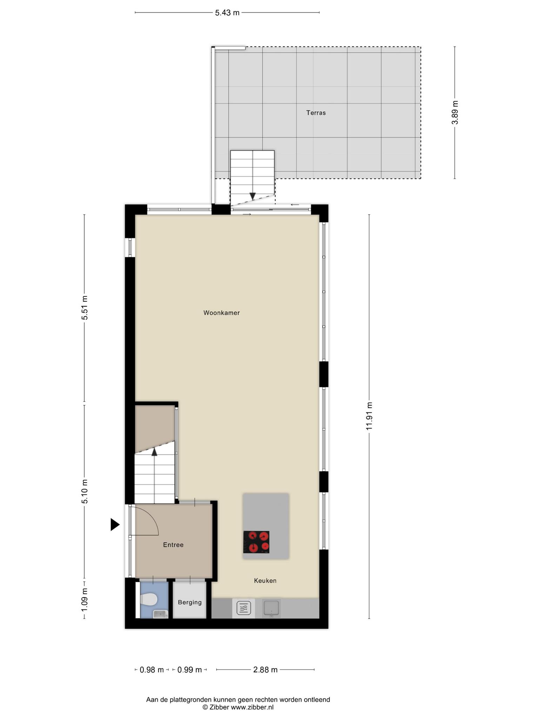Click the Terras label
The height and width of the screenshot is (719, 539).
click(x=316, y=113)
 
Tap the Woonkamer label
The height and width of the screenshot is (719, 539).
click(x=221, y=313)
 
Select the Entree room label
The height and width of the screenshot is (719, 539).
click(x=173, y=545)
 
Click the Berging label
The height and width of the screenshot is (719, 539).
click(x=190, y=602)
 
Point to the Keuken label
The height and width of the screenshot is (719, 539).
click(x=265, y=581)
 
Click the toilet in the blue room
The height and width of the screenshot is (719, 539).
click(x=149, y=599)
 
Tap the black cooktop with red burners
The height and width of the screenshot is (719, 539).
click(x=256, y=542)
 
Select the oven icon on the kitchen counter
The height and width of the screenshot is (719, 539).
click(x=244, y=608)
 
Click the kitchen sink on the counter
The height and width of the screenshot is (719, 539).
click(x=271, y=608)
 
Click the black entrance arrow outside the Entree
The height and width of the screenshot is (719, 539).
click(x=115, y=525)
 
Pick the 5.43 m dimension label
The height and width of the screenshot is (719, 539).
click(x=227, y=13)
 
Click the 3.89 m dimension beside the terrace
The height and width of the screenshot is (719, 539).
click(x=455, y=112)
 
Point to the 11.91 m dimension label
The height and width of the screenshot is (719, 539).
click(x=369, y=416)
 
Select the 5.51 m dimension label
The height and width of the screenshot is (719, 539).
click(x=85, y=308)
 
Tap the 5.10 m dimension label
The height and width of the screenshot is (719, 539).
click(x=85, y=491)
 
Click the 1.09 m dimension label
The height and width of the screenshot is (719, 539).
click(x=85, y=599)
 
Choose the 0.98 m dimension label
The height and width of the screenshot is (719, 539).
click(x=152, y=670)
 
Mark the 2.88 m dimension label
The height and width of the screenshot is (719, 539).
click(x=266, y=670)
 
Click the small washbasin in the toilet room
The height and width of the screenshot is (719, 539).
click(x=161, y=614)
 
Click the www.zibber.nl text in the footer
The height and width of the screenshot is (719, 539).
click(x=252, y=707)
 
